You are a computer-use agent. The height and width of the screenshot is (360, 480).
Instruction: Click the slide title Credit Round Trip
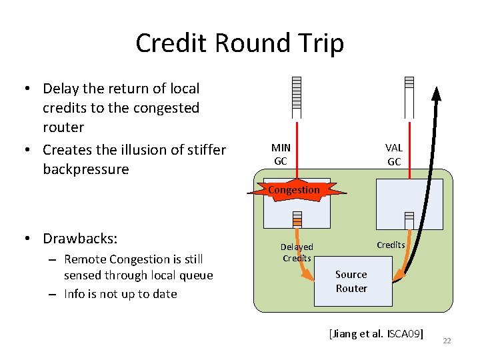(x=239, y=43)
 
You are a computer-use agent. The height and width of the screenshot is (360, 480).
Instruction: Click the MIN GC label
(x=281, y=154)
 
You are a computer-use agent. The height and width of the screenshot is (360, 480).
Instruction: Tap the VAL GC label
(x=394, y=154)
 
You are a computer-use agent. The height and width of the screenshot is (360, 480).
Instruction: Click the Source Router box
(x=351, y=282)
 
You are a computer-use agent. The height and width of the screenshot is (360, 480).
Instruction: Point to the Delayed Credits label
(x=297, y=253)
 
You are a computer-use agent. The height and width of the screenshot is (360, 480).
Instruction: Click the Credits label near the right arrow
(x=391, y=245)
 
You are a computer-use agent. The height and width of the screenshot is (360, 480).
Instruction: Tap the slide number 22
(x=447, y=341)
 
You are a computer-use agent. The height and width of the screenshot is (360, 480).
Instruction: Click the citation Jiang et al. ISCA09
(x=376, y=334)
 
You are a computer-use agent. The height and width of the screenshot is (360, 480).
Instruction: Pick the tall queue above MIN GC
(x=297, y=97)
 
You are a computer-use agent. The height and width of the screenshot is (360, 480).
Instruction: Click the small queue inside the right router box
(x=409, y=221)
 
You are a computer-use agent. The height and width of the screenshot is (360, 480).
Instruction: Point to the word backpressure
(x=85, y=169)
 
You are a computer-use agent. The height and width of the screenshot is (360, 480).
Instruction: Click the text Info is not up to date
(x=120, y=294)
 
